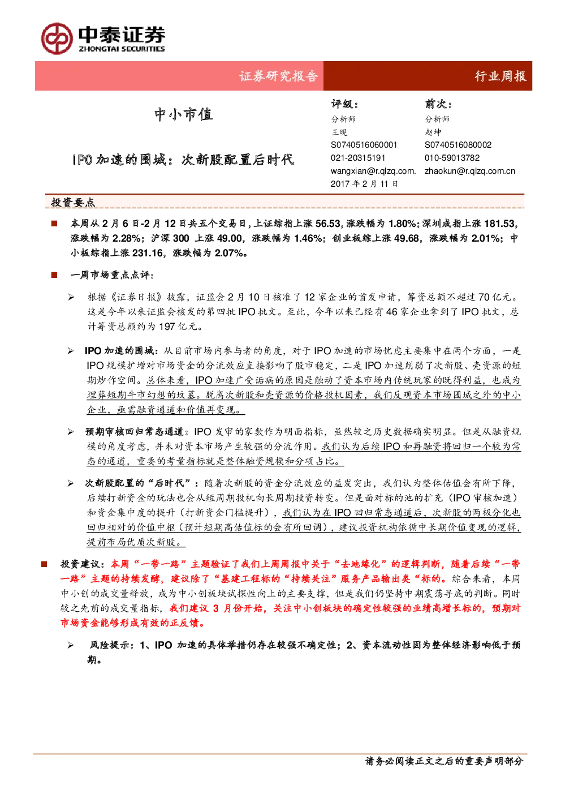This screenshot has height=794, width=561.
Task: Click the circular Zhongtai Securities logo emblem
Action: pos(57,38)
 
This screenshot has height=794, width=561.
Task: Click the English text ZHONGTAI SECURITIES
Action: pos(122,49)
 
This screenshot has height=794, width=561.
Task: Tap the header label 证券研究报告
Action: pos(278,76)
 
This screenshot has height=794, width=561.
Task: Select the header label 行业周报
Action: pos(500,76)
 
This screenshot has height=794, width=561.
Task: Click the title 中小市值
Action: pos(183,114)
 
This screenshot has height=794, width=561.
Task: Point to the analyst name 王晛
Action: pos(339,132)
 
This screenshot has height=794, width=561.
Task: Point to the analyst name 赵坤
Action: pos(433,132)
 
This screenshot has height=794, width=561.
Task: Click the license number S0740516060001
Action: pos(364,145)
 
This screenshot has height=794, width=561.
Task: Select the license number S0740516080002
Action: pos(458,145)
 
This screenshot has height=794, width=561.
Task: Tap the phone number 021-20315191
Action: pos(358,158)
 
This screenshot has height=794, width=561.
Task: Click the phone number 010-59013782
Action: pos(452,158)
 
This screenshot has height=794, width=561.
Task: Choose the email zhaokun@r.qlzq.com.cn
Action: pos(470,171)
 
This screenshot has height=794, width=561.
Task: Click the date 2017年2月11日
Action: pos(364,183)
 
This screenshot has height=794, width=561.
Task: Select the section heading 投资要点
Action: pos(73,203)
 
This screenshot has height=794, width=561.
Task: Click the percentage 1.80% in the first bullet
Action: pos(402,224)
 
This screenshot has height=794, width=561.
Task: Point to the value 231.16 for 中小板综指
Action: pos(148,253)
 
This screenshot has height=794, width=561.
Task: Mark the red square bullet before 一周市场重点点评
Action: pos(54,275)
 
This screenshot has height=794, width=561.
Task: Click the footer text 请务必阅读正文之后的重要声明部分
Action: pos(445,761)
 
